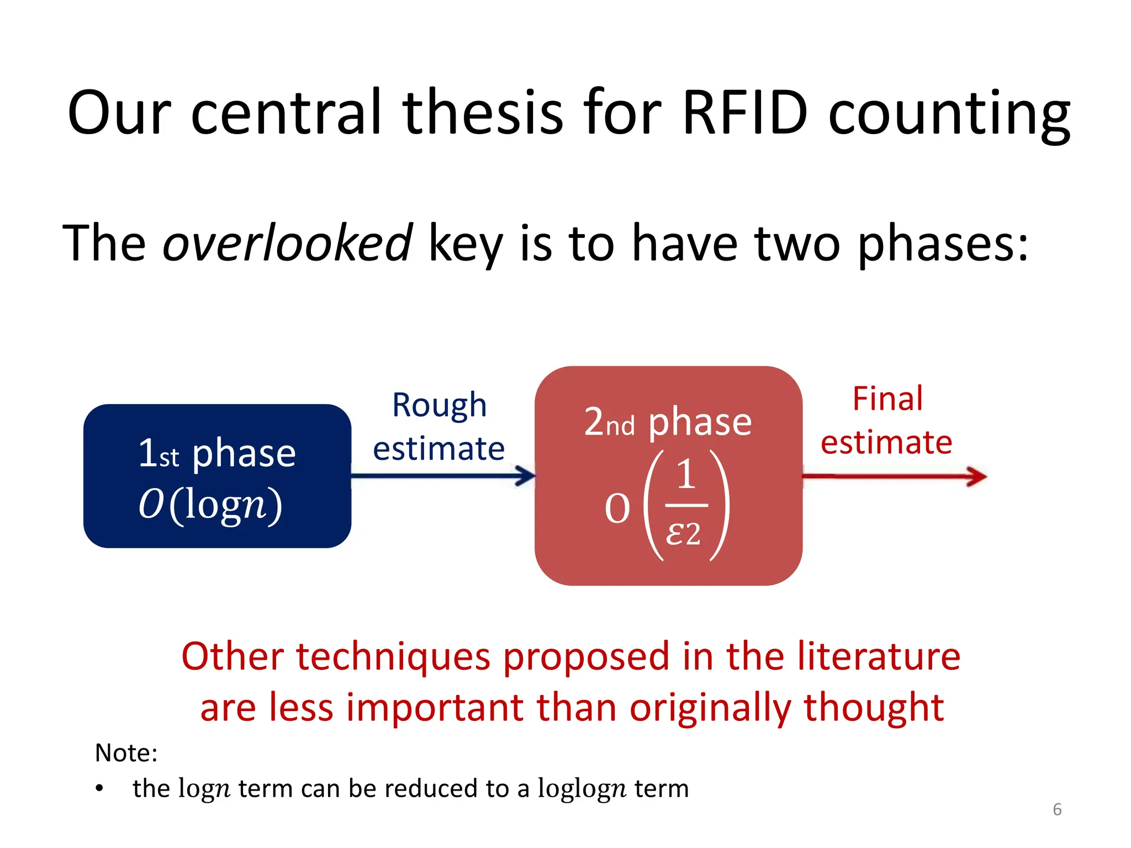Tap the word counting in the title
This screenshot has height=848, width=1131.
[x=949, y=116]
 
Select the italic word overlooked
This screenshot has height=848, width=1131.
[x=287, y=243]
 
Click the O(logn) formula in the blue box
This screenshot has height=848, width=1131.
[x=210, y=504]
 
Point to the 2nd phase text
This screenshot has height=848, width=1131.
[x=668, y=422]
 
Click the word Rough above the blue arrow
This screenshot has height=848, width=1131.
[x=439, y=406]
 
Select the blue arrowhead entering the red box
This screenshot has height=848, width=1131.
[x=526, y=475]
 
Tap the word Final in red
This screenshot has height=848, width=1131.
[x=887, y=399]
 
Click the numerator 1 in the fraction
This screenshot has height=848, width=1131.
[x=686, y=474]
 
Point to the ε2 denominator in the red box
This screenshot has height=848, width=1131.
[x=683, y=534]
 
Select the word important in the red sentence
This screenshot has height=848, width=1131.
[x=435, y=708]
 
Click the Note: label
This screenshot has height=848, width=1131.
[x=126, y=753]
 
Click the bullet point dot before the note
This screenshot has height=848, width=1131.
[x=99, y=788]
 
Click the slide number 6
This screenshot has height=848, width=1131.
[x=1057, y=809]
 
